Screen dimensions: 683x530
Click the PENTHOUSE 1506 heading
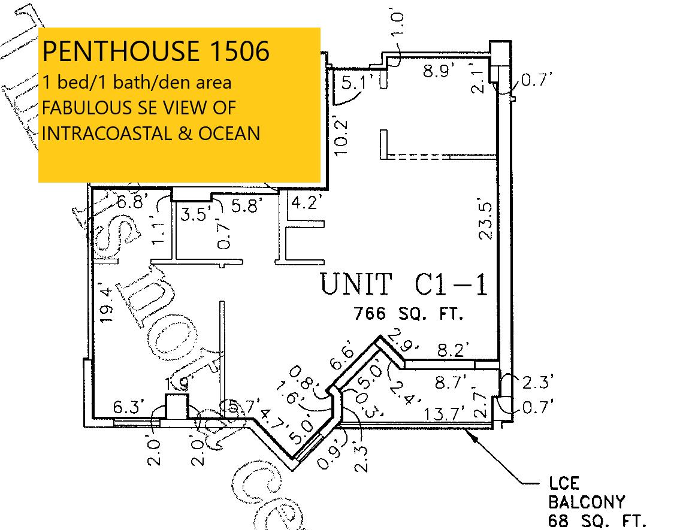point(156,52)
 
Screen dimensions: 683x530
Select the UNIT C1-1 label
point(404,284)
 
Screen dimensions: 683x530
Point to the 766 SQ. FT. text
point(409,313)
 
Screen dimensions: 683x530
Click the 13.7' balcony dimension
point(445,414)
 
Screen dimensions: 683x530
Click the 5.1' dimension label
point(358,83)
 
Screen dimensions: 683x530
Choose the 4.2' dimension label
point(307,202)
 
